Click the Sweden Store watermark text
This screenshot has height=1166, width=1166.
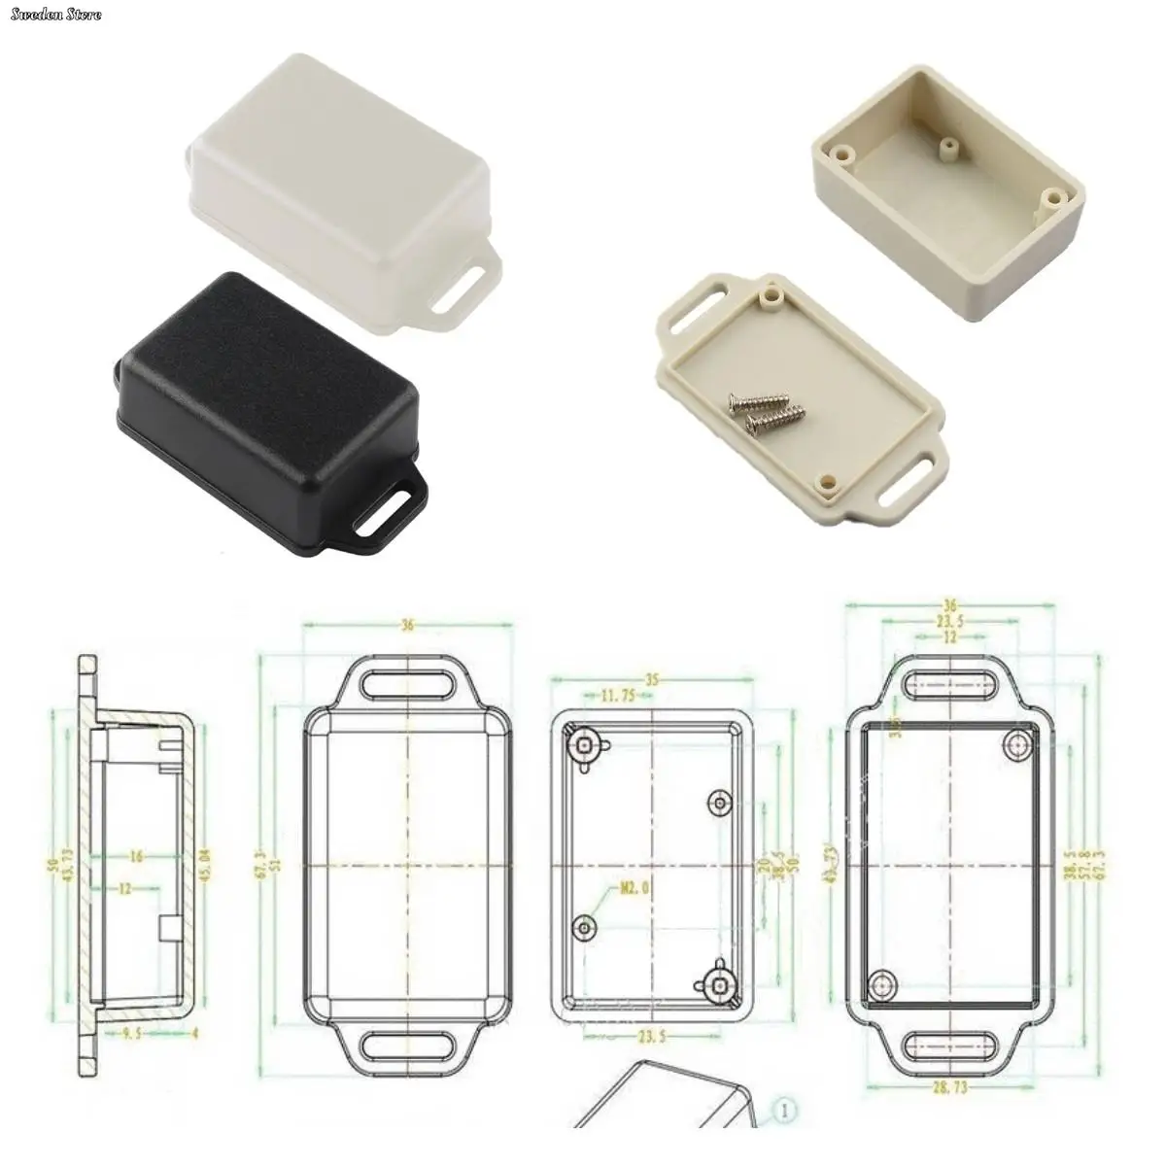[x=52, y=15]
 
